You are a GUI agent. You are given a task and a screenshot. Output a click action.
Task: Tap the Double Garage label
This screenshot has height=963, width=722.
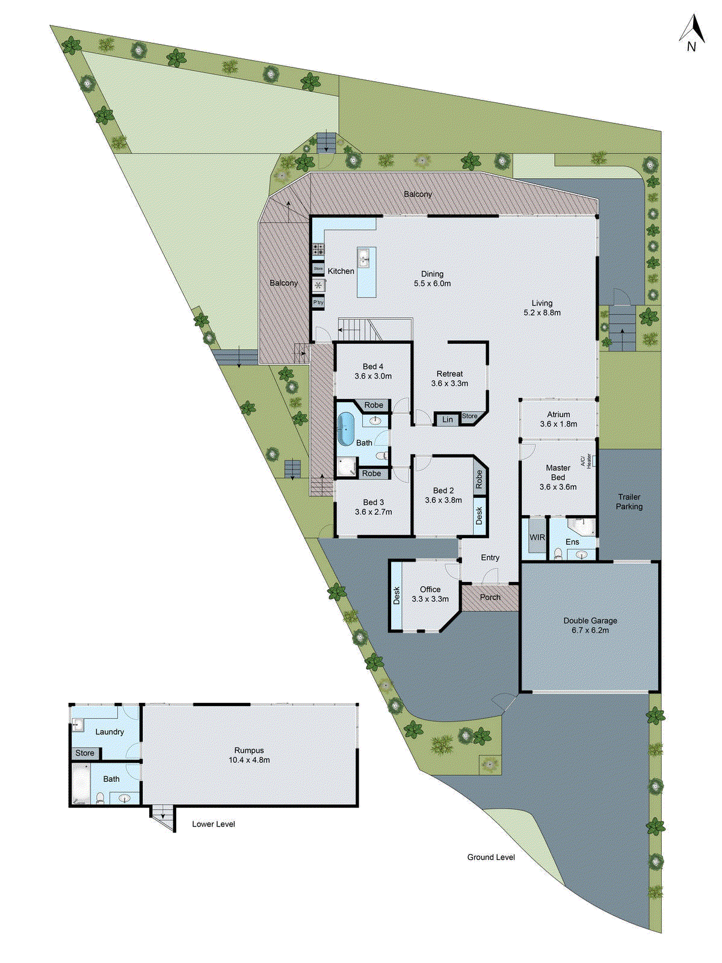click(590, 621)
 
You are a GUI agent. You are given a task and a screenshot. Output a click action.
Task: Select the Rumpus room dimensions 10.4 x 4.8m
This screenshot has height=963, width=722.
click(249, 760)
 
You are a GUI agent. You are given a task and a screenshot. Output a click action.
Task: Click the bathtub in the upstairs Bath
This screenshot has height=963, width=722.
click(345, 429)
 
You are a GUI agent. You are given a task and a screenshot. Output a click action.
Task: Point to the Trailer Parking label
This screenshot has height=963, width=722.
click(629, 502)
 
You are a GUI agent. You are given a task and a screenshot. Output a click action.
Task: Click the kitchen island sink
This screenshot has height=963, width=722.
click(364, 259)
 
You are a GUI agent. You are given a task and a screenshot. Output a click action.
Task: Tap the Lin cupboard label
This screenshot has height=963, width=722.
click(448, 420)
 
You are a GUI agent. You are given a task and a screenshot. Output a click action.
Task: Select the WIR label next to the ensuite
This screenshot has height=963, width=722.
click(537, 537)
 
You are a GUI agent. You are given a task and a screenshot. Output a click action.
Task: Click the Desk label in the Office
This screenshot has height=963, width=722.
click(396, 596)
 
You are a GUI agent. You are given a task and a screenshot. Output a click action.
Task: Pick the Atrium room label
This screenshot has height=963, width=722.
click(558, 415)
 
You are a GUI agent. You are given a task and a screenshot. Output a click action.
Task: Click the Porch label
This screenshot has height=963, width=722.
click(490, 597)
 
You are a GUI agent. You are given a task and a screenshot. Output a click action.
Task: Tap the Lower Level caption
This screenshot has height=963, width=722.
click(214, 824)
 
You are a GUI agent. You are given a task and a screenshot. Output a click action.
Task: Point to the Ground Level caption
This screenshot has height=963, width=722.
click(491, 857)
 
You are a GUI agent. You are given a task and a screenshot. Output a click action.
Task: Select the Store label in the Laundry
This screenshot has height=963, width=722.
click(85, 753)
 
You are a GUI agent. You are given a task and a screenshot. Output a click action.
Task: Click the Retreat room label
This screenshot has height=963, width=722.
click(450, 374)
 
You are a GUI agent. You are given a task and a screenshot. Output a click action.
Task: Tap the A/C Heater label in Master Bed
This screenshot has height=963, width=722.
click(586, 461)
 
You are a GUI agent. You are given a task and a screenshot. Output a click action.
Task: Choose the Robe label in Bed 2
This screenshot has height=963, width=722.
click(480, 480)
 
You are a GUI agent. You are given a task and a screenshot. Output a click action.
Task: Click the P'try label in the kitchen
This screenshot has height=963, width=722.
click(318, 302)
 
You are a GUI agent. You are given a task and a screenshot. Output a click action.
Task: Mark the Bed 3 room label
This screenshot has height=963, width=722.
click(373, 503)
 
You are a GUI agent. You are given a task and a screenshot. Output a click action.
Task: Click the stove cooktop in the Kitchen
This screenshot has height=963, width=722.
click(318, 249)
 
